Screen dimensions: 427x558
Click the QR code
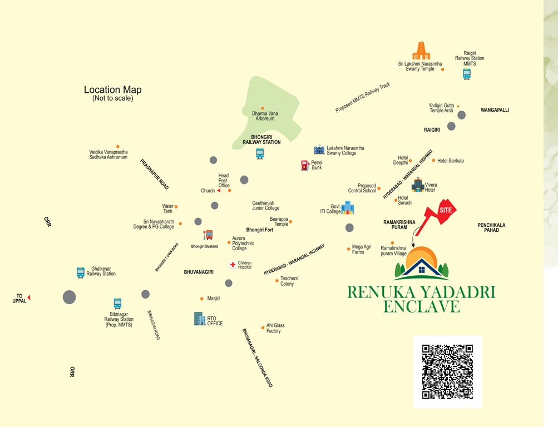click(x=447, y=371)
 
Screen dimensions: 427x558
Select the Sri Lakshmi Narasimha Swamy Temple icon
click(x=421, y=51)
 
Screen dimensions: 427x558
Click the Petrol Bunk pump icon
click(x=304, y=165)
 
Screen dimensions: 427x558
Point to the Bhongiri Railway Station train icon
click(x=260, y=154)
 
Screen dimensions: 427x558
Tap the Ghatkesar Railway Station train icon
click(x=81, y=272)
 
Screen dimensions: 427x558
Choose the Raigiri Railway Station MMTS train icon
click(x=467, y=74)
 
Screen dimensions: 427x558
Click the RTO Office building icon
click(x=199, y=319)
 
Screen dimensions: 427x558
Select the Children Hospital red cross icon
click(x=233, y=265)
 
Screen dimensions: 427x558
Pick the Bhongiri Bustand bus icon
click(x=208, y=235)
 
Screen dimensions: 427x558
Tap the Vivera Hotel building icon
click(x=417, y=185)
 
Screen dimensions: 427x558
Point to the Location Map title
click(x=113, y=90)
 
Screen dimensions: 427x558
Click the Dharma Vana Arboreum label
click(x=264, y=116)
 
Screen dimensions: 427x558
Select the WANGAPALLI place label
click(x=495, y=110)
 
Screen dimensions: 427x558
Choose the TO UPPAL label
click(x=19, y=299)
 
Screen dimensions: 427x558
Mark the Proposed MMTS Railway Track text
click(x=363, y=98)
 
